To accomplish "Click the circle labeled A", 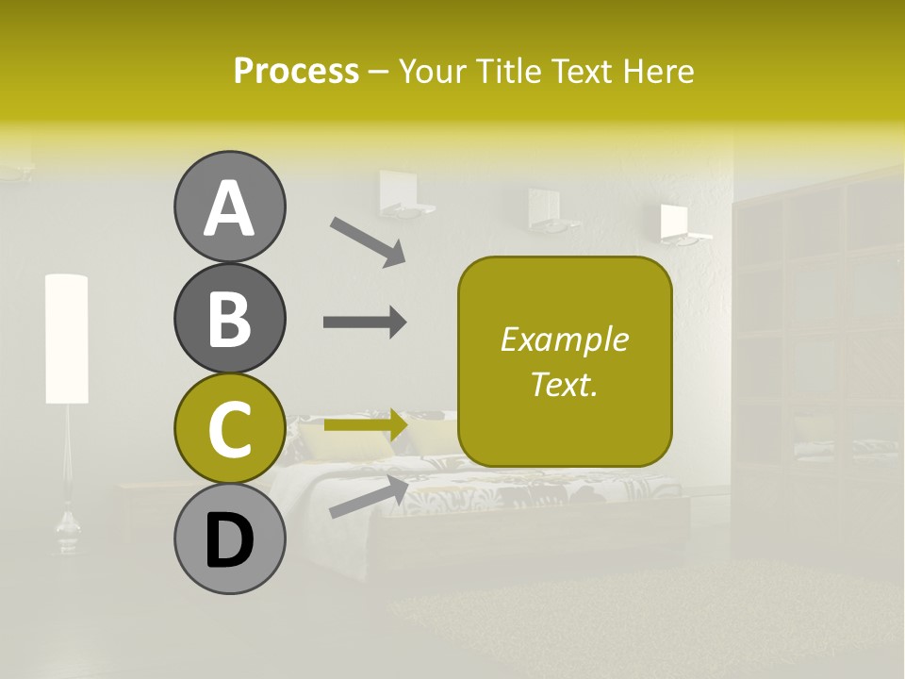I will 229,207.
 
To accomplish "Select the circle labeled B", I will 229,318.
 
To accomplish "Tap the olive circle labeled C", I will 229,428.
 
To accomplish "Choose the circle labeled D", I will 229,538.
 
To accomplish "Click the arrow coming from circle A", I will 367,240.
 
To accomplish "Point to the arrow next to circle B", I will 365,323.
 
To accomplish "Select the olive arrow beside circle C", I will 366,425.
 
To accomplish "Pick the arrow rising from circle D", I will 369,496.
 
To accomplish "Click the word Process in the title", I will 296,71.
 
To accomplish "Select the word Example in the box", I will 564,339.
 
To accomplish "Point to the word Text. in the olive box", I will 564,384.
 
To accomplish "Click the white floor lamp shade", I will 66,339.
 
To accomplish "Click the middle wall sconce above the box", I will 545,209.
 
